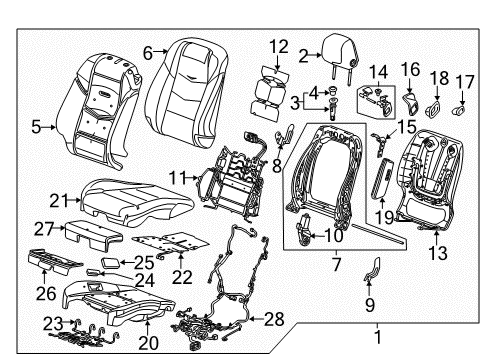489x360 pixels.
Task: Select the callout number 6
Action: click(148, 53)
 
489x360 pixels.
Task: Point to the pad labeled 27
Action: click(98, 229)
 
